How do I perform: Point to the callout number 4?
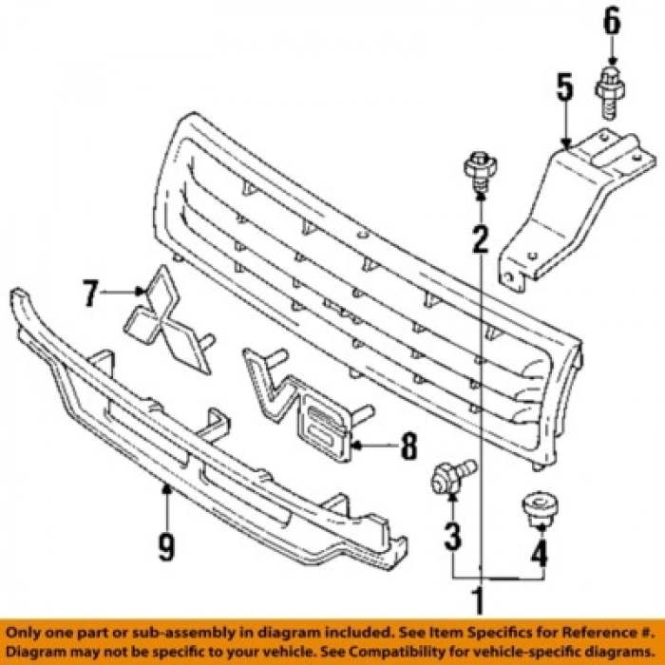pos(540,550)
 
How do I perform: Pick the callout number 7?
pos(90,294)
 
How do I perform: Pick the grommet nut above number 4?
pos(539,509)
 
